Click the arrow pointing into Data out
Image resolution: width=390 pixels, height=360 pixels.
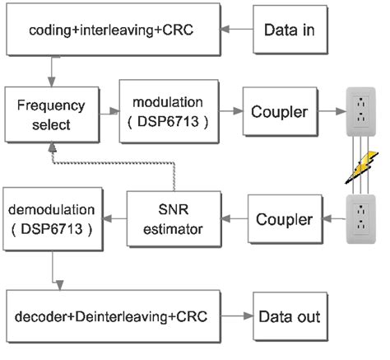[x=239, y=316]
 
